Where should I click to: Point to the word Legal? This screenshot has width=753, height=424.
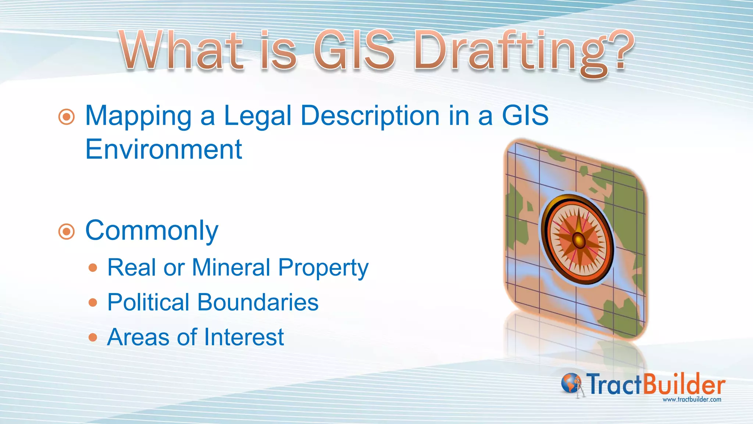[257, 116]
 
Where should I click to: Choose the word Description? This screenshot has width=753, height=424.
[370, 116]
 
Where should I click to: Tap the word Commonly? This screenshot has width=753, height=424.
[152, 231]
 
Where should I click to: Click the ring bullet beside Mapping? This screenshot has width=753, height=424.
[67, 117]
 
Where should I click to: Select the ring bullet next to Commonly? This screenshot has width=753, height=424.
[67, 232]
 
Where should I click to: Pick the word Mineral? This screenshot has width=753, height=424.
[231, 267]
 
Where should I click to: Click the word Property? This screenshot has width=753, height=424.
[323, 268]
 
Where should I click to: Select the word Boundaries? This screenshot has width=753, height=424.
[258, 303]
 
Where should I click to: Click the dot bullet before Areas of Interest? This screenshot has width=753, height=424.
[93, 338]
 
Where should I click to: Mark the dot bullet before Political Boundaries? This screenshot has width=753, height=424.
[93, 303]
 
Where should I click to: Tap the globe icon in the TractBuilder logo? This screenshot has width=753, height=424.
[570, 383]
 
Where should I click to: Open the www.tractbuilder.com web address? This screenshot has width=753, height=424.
[692, 399]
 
